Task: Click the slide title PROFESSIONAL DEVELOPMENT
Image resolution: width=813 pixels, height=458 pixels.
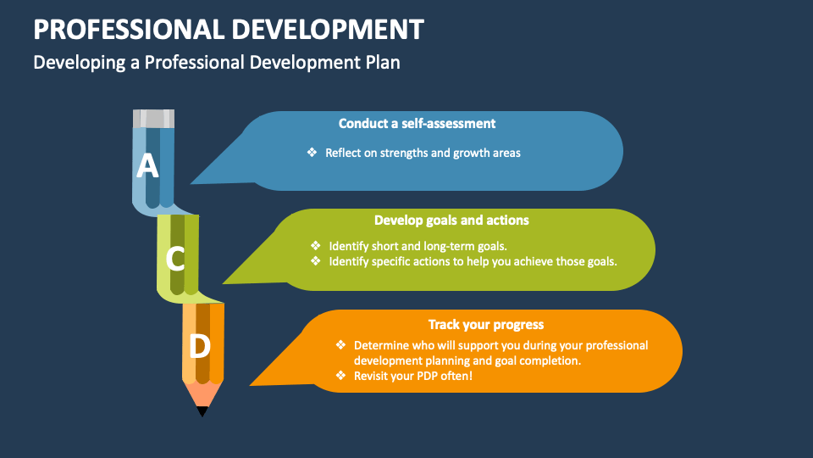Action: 229,29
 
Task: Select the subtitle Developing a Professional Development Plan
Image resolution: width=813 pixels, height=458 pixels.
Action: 216,62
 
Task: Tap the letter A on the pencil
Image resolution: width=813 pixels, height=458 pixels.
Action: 148,165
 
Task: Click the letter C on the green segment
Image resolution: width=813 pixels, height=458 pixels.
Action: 175,258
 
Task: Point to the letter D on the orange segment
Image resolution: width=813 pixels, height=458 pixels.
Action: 200,346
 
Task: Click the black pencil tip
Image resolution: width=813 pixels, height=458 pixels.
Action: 202,411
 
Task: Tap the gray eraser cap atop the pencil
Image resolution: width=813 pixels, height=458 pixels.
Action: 153,118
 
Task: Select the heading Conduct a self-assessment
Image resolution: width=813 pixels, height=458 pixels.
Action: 417,123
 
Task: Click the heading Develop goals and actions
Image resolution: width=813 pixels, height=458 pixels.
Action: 451,221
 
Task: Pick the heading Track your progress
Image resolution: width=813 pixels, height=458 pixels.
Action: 485,324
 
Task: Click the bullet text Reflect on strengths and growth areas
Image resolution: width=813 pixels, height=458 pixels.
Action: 423,154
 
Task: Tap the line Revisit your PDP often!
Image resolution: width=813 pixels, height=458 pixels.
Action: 412,376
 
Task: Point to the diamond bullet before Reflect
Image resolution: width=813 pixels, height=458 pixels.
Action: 312,153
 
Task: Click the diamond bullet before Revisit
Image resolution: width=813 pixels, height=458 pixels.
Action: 340,375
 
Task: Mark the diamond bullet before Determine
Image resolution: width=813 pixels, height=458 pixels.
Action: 340,345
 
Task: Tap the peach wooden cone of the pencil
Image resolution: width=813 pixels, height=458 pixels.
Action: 202,394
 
